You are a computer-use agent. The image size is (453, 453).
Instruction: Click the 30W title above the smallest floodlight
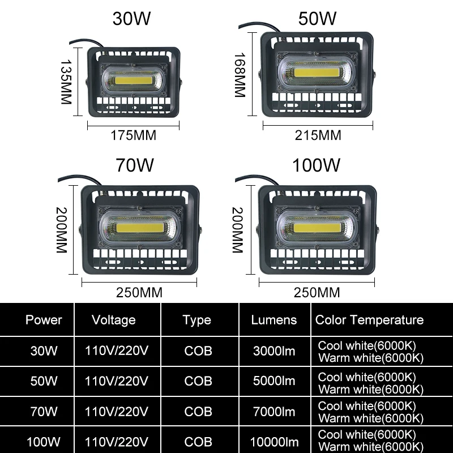[133, 18]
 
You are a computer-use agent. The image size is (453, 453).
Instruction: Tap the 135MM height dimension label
[66, 82]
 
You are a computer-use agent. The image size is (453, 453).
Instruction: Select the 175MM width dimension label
[133, 135]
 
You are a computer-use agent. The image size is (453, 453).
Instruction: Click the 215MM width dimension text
[319, 135]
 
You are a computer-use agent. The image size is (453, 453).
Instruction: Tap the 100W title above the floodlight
[316, 165]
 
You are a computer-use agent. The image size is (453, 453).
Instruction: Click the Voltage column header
[114, 320]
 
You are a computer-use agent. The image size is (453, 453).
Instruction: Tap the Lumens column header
[274, 320]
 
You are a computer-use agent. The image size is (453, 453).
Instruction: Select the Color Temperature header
[369, 320]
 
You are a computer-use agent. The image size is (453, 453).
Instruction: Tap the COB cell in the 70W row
[198, 412]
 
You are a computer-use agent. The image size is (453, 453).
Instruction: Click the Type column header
[197, 320]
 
